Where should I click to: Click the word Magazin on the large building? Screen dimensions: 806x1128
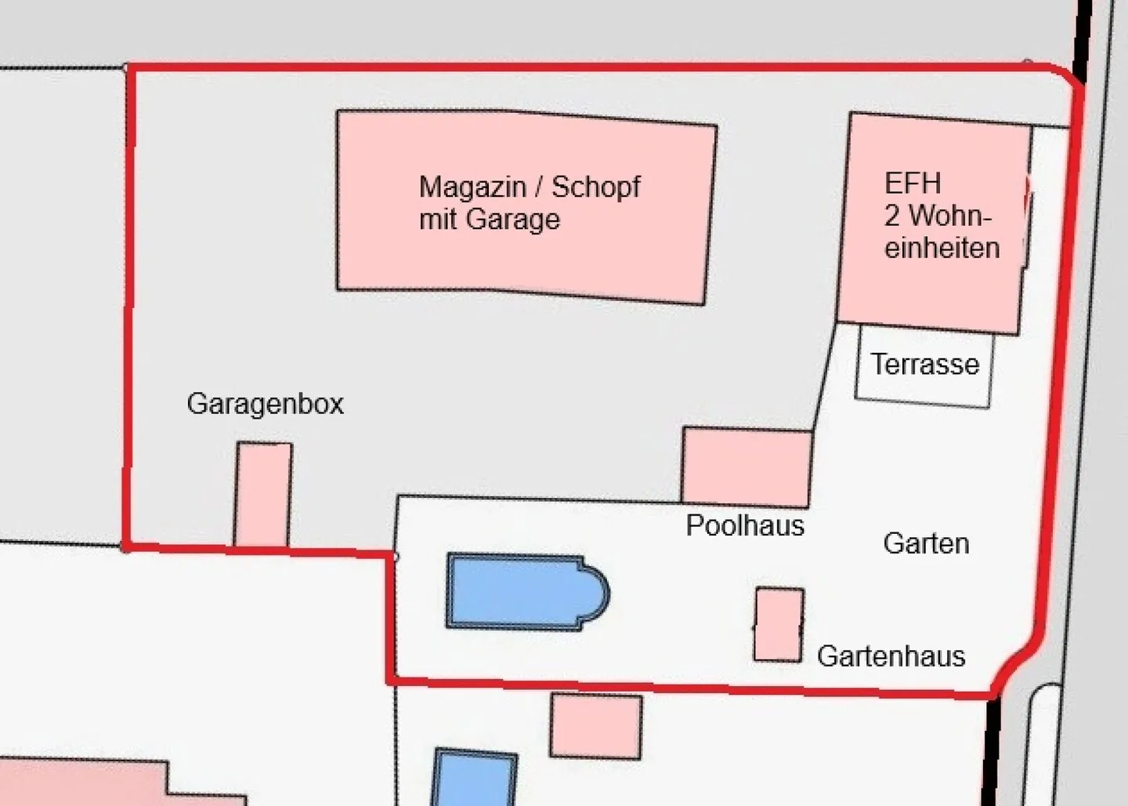click(472, 188)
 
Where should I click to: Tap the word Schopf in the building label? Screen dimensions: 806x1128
click(596, 188)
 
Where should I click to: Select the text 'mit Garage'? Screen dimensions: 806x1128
click(490, 220)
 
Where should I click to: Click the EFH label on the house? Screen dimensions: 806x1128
click(913, 183)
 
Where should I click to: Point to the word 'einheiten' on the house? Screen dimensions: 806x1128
click(942, 248)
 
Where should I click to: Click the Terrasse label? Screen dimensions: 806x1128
click(925, 365)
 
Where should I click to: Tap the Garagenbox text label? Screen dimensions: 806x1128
click(265, 404)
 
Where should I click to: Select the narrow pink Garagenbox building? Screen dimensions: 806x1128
click(263, 494)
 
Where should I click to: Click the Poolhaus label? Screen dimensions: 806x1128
click(745, 525)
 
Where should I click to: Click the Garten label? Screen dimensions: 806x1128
click(926, 543)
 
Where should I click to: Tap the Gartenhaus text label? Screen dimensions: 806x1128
click(891, 656)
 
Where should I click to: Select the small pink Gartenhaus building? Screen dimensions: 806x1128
click(779, 624)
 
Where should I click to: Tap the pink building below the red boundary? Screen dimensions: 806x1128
click(595, 726)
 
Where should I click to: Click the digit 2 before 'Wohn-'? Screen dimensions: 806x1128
click(892, 216)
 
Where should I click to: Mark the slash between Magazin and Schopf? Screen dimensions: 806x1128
click(540, 188)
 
